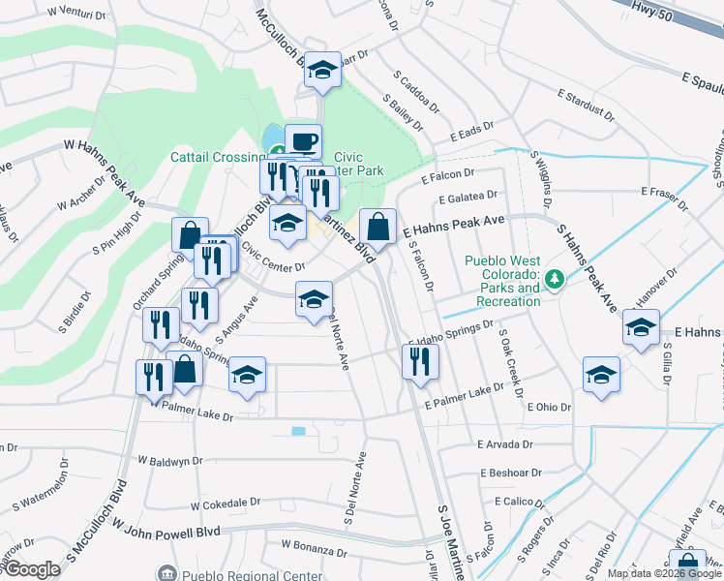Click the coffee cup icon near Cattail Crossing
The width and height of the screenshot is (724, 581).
click(x=303, y=141)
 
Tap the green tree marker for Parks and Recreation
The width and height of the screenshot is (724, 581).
click(x=554, y=279)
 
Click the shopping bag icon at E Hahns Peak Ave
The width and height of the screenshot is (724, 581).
click(x=377, y=227)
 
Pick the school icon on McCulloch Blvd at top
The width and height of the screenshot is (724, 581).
click(x=322, y=70)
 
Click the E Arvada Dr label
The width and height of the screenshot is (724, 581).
click(x=505, y=444)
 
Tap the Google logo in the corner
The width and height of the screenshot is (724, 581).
click(x=31, y=569)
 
